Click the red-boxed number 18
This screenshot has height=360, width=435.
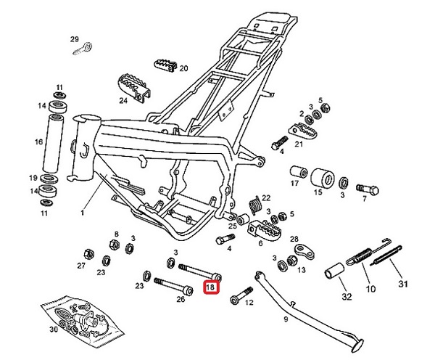tap(210, 287)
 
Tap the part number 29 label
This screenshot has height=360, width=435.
tap(74, 38)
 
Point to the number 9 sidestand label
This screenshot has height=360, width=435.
tap(285, 319)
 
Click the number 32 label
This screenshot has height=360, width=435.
tap(346, 297)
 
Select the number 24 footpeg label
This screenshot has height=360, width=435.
tap(123, 101)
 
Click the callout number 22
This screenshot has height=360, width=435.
tap(265, 197)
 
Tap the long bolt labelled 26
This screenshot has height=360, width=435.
tap(172, 287)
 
